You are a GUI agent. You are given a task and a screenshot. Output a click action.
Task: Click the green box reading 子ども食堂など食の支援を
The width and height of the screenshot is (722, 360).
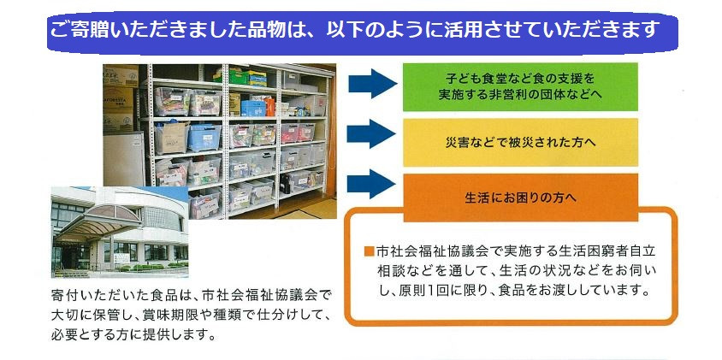[520, 87]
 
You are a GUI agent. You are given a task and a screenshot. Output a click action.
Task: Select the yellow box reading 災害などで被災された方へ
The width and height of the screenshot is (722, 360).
[520, 142]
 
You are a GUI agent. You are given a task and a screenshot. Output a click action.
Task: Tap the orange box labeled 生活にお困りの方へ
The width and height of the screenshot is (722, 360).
[520, 198]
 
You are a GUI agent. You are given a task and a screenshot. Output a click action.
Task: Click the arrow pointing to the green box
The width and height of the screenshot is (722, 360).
[372, 83]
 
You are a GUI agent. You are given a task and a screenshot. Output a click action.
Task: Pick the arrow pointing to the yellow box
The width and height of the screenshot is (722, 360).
[371, 134]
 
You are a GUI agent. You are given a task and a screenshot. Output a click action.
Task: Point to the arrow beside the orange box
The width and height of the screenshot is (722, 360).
[371, 184]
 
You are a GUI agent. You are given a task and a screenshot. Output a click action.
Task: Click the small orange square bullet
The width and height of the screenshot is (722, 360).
[368, 251]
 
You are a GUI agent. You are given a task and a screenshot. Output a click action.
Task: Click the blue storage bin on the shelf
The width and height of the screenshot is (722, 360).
[204, 138]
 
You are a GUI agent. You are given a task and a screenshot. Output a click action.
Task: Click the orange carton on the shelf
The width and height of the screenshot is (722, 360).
[269, 106]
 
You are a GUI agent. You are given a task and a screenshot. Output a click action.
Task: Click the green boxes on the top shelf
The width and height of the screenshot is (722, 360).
[240, 76]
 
